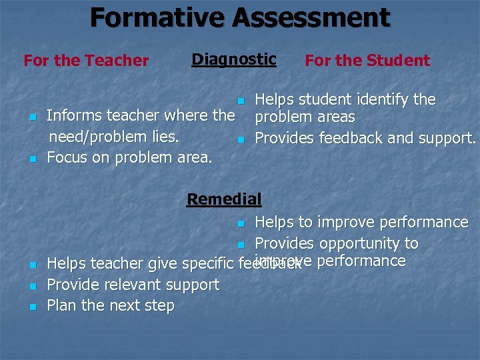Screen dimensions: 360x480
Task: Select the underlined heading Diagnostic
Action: pos(233,59)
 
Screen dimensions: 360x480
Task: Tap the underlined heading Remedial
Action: pos(224,199)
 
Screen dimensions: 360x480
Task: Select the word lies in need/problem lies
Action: pos(165,137)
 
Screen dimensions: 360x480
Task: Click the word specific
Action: pos(206,264)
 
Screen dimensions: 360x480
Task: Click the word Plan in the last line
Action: pos(61,306)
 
